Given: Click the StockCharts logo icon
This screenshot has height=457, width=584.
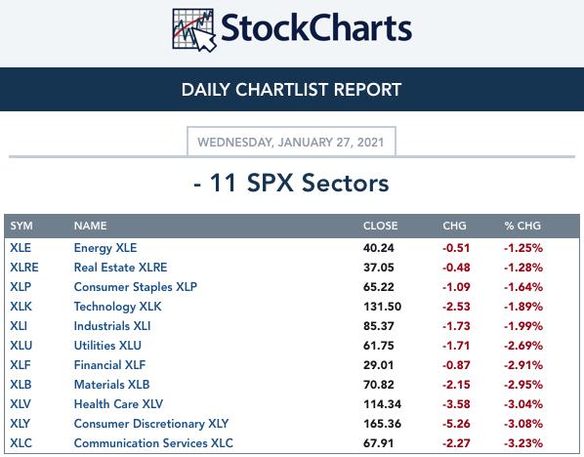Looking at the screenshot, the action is (x=194, y=30).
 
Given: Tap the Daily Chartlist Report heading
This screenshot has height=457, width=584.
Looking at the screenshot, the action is (x=291, y=90).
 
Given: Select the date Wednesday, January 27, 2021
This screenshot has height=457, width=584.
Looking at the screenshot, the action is (x=290, y=142).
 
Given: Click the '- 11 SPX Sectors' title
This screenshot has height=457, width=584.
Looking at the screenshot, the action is (x=291, y=183).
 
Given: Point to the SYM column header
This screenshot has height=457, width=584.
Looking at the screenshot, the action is (x=21, y=226).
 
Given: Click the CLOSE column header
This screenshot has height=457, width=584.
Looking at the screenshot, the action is (x=380, y=226).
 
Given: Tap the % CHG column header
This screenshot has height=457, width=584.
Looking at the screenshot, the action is (x=522, y=226).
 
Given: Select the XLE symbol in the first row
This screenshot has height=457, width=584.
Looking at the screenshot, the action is (x=21, y=248).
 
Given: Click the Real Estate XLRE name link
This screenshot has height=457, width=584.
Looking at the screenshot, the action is (x=120, y=268).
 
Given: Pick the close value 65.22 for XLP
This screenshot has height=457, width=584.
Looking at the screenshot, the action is (x=378, y=287).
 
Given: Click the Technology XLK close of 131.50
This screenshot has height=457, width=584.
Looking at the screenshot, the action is (x=382, y=307).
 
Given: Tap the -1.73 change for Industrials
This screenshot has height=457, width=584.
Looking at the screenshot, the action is (x=456, y=326).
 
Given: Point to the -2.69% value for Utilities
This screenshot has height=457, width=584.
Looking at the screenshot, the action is (x=523, y=346).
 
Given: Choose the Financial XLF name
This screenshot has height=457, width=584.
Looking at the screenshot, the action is (x=109, y=365).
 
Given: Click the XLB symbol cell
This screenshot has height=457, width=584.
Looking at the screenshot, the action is (x=21, y=385).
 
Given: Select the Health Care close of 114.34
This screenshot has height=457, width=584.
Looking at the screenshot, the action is (x=382, y=404).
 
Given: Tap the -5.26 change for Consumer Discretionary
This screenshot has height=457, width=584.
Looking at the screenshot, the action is (x=456, y=424).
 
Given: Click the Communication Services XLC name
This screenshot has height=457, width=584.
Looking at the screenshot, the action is (x=153, y=443).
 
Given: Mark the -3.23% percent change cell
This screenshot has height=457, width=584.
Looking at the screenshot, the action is (x=523, y=443).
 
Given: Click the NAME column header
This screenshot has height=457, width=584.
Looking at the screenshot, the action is (x=90, y=226).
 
